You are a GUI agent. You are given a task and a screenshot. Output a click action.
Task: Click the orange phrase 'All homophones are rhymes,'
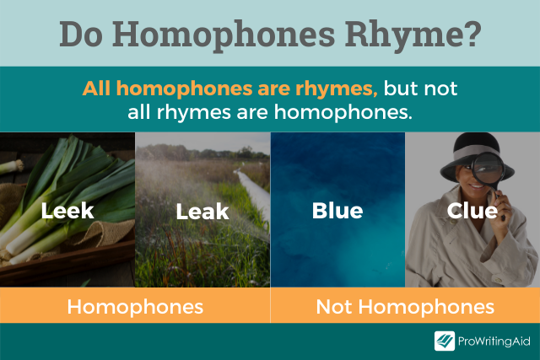click(x=229, y=89)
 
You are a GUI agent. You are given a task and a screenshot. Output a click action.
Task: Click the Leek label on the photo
click(x=67, y=210)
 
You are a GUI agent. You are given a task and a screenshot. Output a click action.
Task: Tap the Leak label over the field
click(x=202, y=211)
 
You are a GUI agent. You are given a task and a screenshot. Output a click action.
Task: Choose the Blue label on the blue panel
click(x=337, y=210)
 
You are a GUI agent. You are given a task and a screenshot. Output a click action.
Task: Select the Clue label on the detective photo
click(x=472, y=210)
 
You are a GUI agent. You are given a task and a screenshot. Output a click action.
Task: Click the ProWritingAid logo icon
click(x=445, y=341)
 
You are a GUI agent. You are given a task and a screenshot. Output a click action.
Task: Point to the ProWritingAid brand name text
click(x=494, y=341)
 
